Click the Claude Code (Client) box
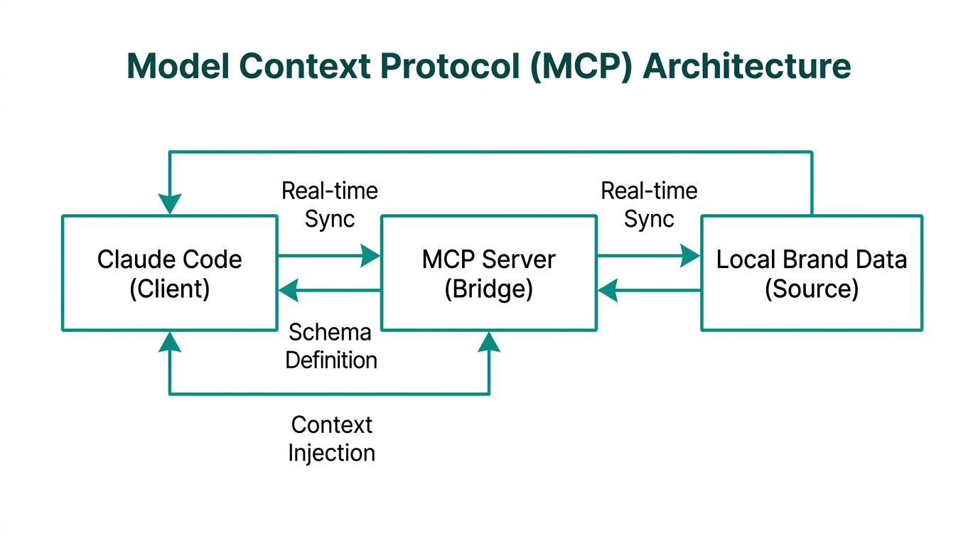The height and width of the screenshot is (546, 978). (x=169, y=273)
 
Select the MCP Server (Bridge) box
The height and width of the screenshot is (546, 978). (x=489, y=273)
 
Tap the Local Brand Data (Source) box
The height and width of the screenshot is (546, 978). (x=811, y=273)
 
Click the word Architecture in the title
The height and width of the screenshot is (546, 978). (x=746, y=66)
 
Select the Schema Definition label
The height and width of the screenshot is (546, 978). (x=331, y=346)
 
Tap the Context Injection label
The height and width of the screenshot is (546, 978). (x=331, y=439)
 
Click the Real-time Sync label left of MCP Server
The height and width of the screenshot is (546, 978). (x=330, y=205)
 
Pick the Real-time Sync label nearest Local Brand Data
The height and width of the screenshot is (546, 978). (x=649, y=205)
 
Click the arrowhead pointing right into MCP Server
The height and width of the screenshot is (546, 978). (x=371, y=255)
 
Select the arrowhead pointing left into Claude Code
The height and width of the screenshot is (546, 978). (x=288, y=290)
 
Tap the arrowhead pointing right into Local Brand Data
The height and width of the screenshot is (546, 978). (x=690, y=255)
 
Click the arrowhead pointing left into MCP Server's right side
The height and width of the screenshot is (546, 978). (x=608, y=290)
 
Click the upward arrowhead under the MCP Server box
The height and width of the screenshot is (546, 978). (x=489, y=342)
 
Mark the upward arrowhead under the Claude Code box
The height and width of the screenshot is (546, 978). (x=169, y=342)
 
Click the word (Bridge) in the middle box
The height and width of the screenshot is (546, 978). (x=489, y=290)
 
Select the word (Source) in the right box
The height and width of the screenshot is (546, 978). (x=811, y=290)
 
